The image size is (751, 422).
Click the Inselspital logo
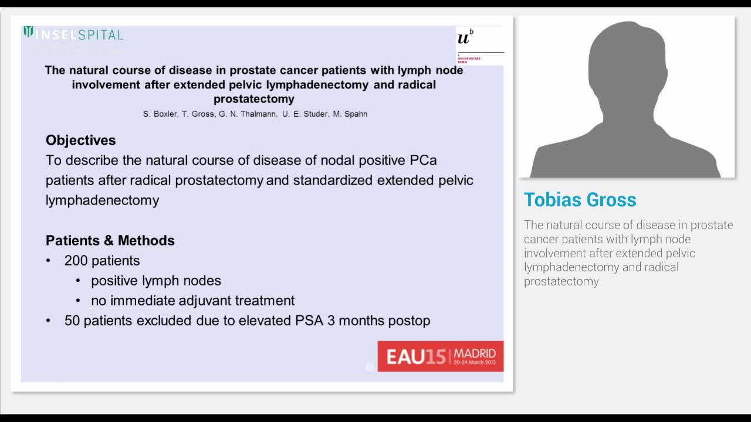pos(73,34)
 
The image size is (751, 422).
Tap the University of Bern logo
pos(479,45)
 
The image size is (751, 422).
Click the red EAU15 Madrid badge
pos(440,356)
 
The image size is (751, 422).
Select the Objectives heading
pos(81,140)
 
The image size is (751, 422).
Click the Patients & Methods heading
pos(110,240)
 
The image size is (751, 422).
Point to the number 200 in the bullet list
pos(77,260)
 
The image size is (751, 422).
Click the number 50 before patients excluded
pos(72,321)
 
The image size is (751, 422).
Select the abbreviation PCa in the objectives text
pos(423,160)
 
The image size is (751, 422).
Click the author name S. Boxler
pos(160,114)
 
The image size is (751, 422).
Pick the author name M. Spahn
pos(350,114)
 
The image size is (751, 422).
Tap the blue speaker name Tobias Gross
pos(580,200)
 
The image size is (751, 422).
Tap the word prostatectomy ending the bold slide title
pos(254,99)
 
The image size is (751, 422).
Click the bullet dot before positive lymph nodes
pos(78,281)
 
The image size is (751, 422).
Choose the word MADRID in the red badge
pos(475,353)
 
